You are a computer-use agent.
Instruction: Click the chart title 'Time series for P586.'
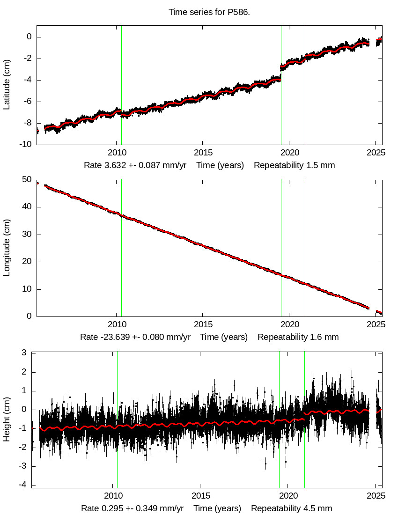click(x=209, y=12)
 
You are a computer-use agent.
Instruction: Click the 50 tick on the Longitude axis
click(x=27, y=179)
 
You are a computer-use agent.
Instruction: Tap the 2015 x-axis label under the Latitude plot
click(x=202, y=153)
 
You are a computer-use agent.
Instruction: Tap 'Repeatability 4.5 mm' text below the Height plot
click(x=291, y=508)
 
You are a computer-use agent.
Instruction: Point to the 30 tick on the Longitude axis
click(x=27, y=234)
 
